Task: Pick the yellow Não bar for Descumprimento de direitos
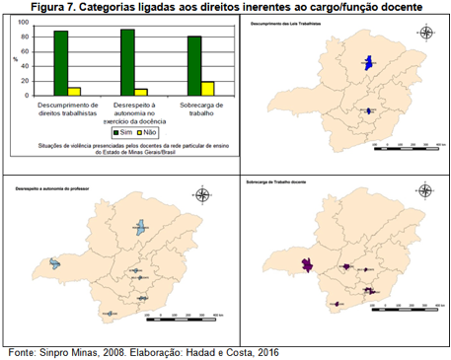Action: [75, 91]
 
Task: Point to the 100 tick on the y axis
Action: [25, 22]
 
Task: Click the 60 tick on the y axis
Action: [27, 51]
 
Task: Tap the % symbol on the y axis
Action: [15, 57]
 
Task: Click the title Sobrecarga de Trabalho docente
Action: [283, 183]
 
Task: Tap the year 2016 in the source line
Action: [264, 351]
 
